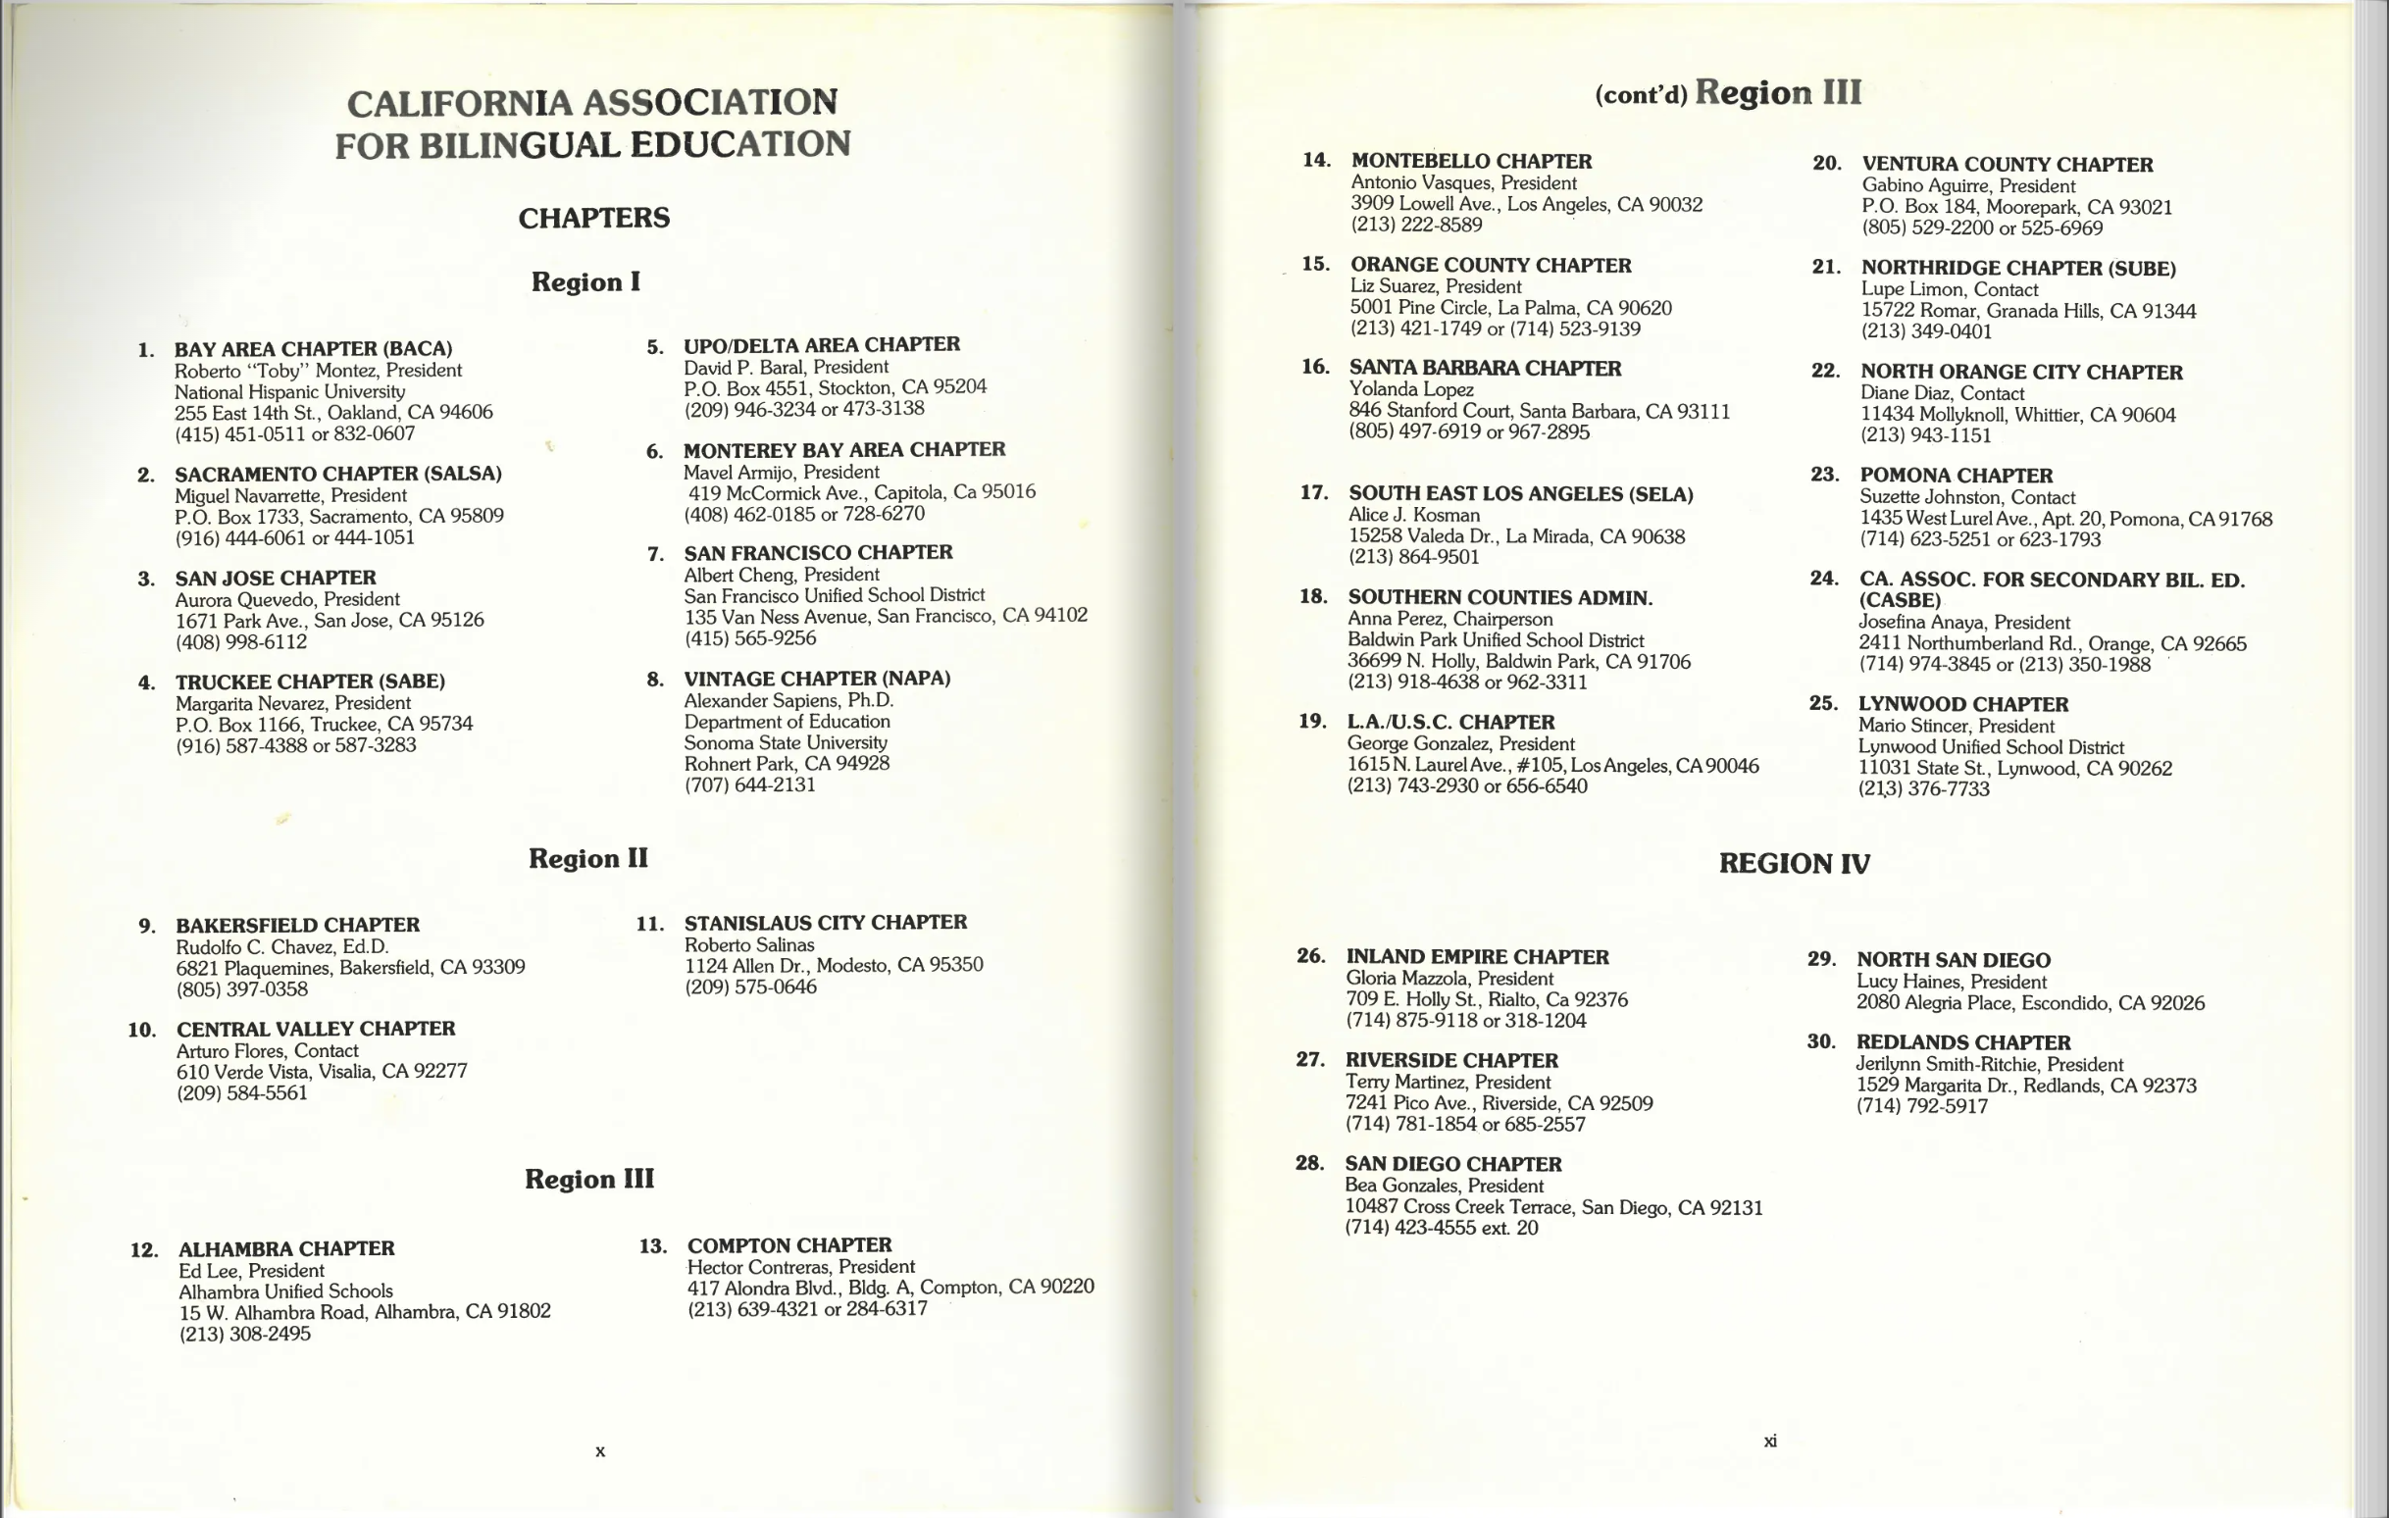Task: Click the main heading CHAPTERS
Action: point(593,219)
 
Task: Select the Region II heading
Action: point(587,858)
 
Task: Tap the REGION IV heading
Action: point(1794,863)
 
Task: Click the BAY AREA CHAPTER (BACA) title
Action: point(313,349)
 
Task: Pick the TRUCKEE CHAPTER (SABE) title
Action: point(310,682)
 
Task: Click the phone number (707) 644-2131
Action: point(749,784)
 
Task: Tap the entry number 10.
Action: point(142,1030)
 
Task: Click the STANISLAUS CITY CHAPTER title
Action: point(825,923)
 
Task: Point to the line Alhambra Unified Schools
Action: point(284,1290)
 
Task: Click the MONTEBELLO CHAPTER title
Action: point(1470,161)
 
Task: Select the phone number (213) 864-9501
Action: point(1413,557)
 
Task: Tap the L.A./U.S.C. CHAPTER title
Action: point(1449,723)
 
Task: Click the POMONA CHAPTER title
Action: point(1956,476)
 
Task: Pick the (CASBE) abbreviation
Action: point(1899,600)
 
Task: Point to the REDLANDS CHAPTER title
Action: point(1962,1042)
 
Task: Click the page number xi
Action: point(1769,1442)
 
